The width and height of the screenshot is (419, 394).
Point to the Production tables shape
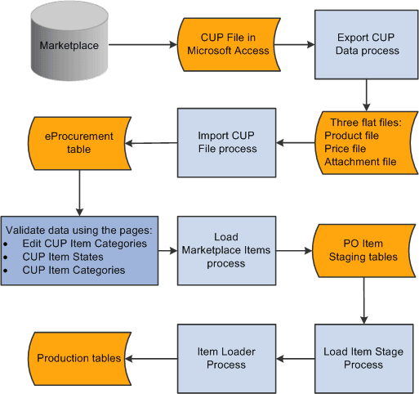point(79,358)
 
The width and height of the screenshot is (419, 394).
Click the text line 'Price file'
point(349,148)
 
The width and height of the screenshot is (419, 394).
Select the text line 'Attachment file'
point(360,162)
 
